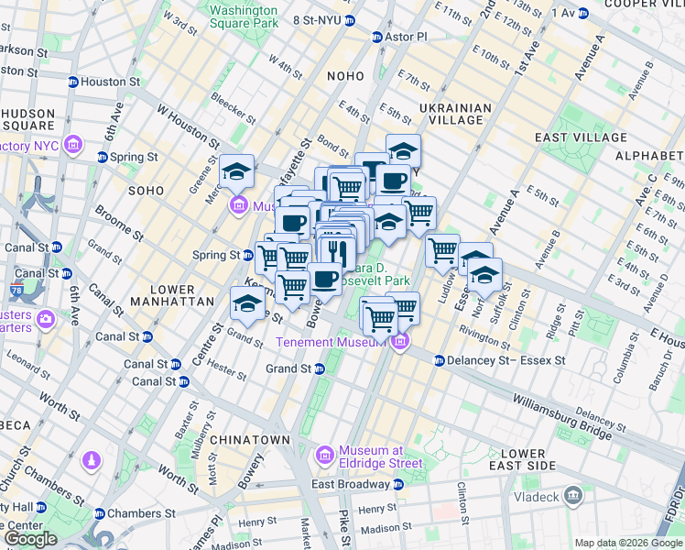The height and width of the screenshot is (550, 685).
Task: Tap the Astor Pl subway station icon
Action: [x=376, y=37]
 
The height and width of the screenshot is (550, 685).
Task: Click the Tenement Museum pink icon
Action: [x=399, y=342]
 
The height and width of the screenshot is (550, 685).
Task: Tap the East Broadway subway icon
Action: [x=398, y=484]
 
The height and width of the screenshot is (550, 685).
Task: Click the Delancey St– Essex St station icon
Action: [x=440, y=361]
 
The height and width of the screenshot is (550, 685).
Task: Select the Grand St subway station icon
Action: [x=320, y=368]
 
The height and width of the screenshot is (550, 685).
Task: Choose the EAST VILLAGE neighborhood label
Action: [x=581, y=137]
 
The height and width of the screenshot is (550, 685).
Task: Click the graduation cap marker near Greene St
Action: [x=237, y=171]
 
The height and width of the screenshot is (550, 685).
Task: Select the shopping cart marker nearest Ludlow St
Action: [x=442, y=249]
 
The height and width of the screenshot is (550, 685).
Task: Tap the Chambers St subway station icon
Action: [x=99, y=513]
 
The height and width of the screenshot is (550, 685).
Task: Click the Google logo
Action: [x=31, y=539]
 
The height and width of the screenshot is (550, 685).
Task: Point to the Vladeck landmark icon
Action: [x=573, y=496]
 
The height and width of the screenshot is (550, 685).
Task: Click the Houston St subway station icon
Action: [x=72, y=82]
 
